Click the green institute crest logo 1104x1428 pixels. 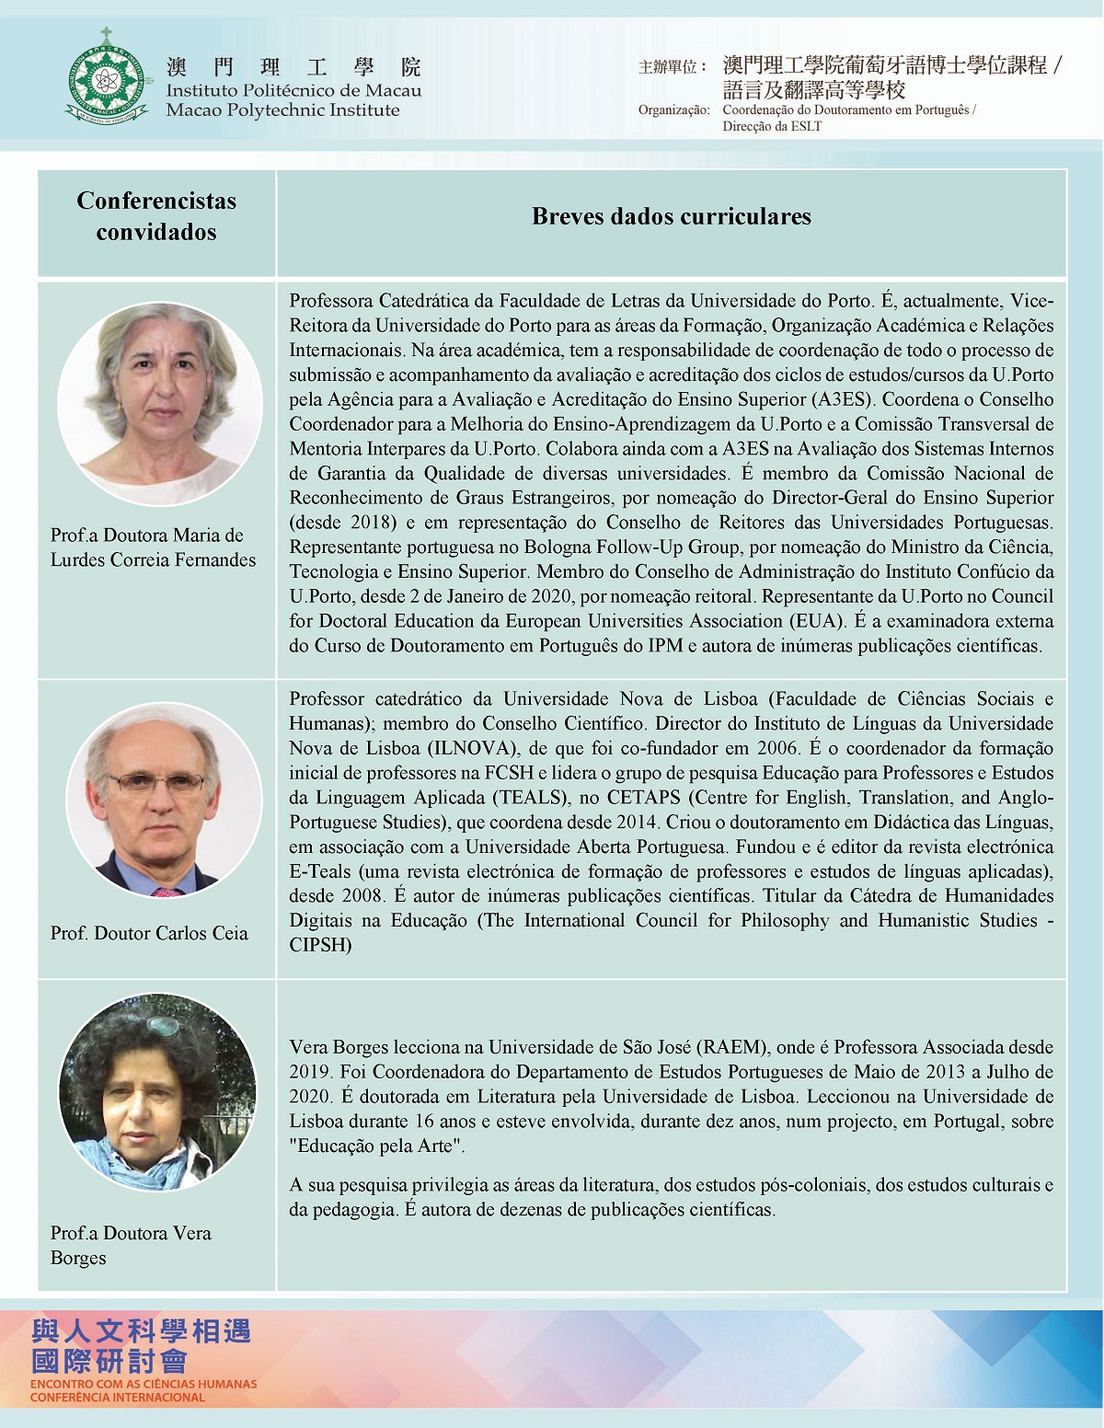pos(107,75)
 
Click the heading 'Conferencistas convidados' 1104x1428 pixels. pos(156,216)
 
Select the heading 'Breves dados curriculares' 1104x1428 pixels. pos(671,216)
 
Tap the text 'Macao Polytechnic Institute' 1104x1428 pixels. pos(282,110)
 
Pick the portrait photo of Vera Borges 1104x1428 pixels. pos(157,1098)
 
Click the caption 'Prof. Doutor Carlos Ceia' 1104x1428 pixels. pos(149,933)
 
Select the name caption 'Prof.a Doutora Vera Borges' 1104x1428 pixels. pos(131,1245)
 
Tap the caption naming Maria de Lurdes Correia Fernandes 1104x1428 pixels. pos(153,547)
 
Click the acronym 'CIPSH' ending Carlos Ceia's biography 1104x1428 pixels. pos(320,945)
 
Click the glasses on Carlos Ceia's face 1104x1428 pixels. pos(156,783)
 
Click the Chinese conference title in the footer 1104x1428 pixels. pos(141,1346)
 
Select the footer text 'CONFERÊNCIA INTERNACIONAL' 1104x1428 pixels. pos(117,1398)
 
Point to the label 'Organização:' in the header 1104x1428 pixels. pos(673,110)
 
